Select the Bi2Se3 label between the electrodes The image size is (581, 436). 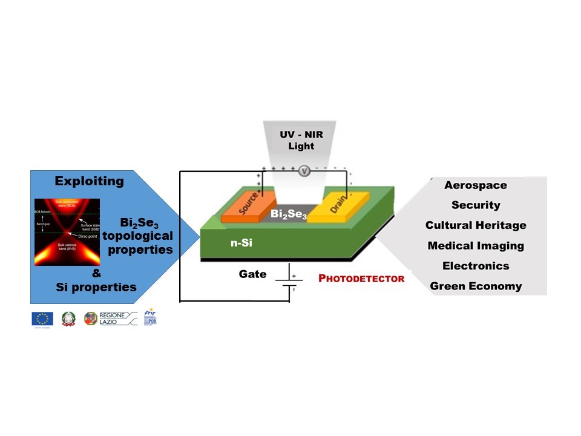click(x=289, y=214)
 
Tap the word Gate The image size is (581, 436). click(x=252, y=274)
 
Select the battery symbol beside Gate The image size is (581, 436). click(x=289, y=282)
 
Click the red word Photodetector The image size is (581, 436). click(x=361, y=279)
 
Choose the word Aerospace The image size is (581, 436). click(x=475, y=185)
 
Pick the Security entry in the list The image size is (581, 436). click(x=476, y=205)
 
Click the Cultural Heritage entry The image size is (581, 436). click(x=476, y=225)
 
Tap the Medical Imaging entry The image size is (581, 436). click(x=476, y=245)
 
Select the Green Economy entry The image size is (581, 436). click(x=476, y=286)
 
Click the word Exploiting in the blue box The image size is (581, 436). click(x=90, y=181)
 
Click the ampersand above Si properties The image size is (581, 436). click(x=97, y=274)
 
